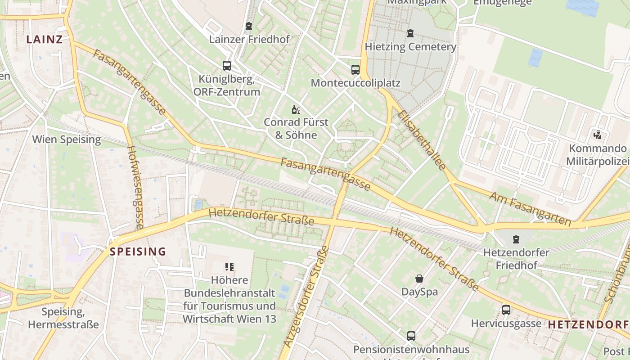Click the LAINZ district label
[44, 39]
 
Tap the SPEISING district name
[138, 252]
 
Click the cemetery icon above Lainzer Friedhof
[248, 27]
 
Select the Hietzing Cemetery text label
[410, 47]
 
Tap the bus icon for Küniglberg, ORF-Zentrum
[227, 66]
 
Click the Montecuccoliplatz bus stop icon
[355, 70]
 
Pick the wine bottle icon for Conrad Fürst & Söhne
[296, 109]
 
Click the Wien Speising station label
[67, 139]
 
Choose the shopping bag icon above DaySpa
[419, 279]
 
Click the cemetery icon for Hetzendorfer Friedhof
[516, 239]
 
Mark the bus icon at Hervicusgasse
[506, 310]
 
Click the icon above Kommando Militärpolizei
[598, 134]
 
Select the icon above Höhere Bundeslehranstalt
[229, 267]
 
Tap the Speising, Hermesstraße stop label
[63, 318]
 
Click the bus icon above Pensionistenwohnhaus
[411, 336]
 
